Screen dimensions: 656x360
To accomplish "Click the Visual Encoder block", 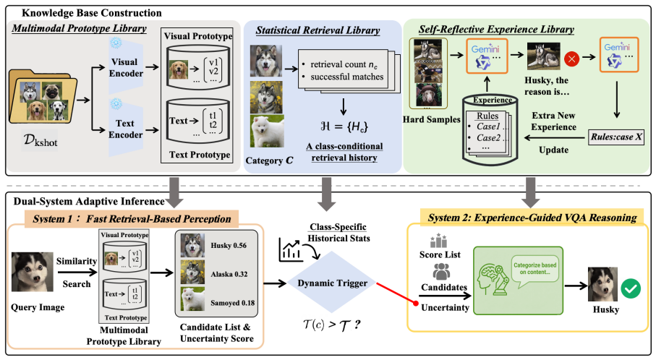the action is click(x=126, y=67).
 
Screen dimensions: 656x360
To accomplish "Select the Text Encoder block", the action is click(x=126, y=129).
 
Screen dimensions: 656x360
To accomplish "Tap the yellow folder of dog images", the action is click(x=43, y=97).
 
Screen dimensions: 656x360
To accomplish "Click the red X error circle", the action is click(x=571, y=59).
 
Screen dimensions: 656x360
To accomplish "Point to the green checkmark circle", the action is click(x=631, y=288).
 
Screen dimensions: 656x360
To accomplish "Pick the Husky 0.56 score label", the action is click(x=229, y=246).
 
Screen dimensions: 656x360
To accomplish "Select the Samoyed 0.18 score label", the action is click(x=233, y=303).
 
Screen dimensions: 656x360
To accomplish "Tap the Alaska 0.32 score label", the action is click(x=229, y=274).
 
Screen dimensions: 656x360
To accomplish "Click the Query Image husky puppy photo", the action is click(x=33, y=272).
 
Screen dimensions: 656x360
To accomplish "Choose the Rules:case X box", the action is click(x=616, y=137).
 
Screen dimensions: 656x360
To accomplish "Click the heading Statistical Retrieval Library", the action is click(x=318, y=30).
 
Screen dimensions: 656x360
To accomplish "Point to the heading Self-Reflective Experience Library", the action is click(x=496, y=29).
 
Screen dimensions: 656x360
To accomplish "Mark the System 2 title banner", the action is click(x=532, y=217).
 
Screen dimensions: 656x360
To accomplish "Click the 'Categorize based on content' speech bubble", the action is click(x=534, y=270).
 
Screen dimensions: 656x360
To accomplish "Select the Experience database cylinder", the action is click(x=490, y=129).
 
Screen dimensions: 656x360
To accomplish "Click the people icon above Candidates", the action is click(x=441, y=273).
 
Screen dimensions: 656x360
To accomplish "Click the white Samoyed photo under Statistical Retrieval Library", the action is click(x=267, y=132).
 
